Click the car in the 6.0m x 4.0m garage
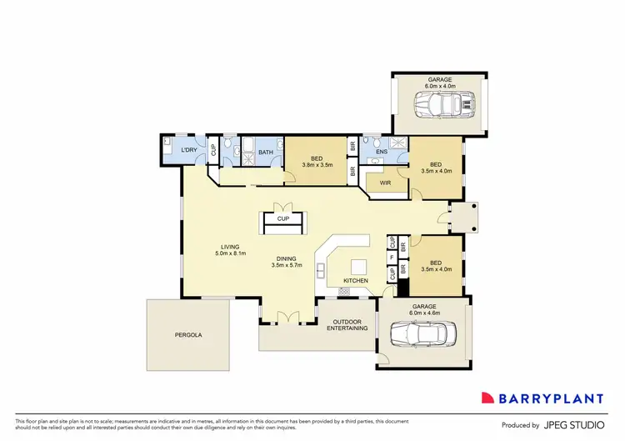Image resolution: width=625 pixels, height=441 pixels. pos(445,105)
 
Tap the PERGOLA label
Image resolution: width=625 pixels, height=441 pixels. pos(188,335)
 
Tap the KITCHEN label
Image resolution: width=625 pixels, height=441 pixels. pos(356,281)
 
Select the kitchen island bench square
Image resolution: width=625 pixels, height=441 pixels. pos(359,267)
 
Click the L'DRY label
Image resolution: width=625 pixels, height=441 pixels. pos(189,151)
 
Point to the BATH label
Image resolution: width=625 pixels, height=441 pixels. pos(265,153)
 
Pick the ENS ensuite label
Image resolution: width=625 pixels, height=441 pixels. pos(382,153)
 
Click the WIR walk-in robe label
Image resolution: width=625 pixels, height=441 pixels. pos(385,183)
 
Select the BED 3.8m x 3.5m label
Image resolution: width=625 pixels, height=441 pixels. pos(317,161)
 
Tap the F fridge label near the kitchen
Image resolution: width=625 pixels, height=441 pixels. pos(392,258)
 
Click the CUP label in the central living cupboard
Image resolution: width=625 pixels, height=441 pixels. pos(283,219)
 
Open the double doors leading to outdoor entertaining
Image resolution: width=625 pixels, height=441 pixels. pos(287,317)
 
